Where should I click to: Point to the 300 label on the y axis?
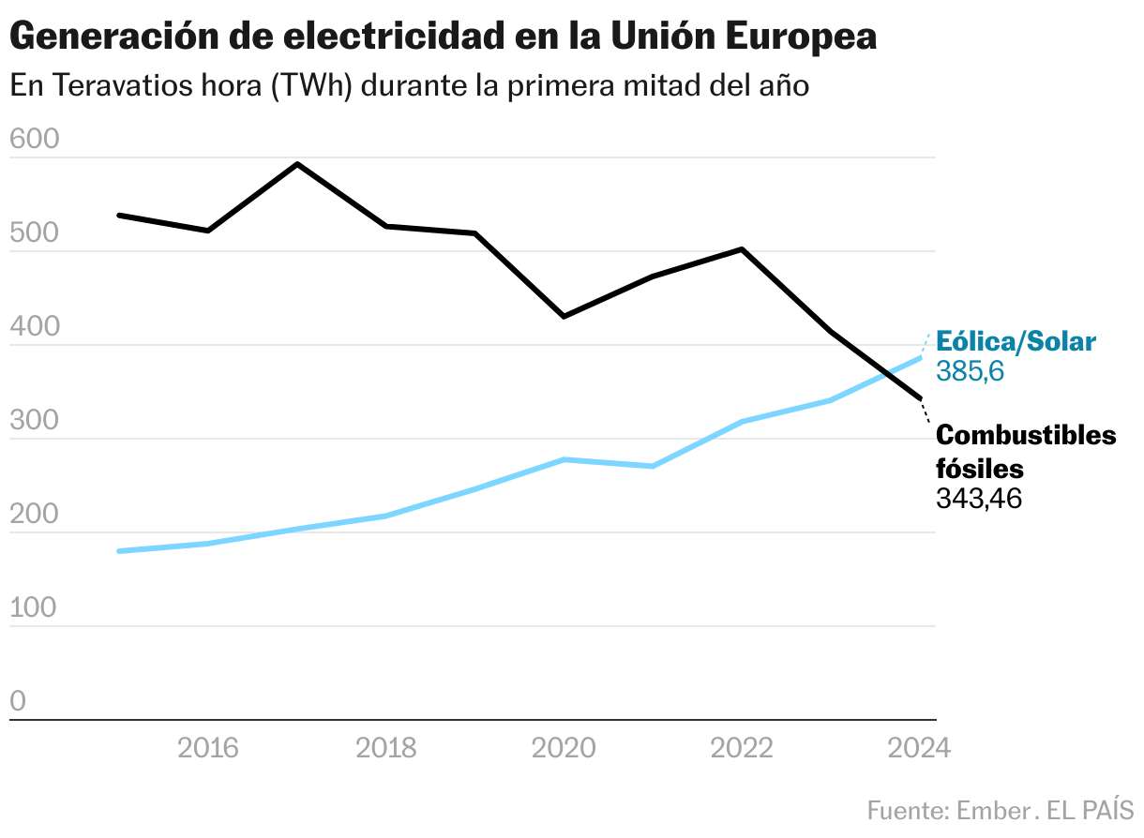pyautogui.click(x=34, y=421)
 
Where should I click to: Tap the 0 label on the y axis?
pyautogui.click(x=18, y=702)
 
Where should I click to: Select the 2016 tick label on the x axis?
pyautogui.click(x=208, y=748)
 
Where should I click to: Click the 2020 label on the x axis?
pyautogui.click(x=564, y=748)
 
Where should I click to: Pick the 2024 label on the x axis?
pyautogui.click(x=918, y=748)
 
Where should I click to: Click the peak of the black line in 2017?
pyautogui.click(x=297, y=164)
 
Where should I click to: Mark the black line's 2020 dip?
pyautogui.click(x=564, y=317)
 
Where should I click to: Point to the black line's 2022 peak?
pyautogui.click(x=742, y=249)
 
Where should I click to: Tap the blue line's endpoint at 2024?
pyautogui.click(x=920, y=358)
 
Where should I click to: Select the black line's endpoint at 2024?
pyautogui.click(x=920, y=398)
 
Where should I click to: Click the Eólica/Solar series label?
pyautogui.click(x=1016, y=341)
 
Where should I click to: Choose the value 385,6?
pyautogui.click(x=971, y=371)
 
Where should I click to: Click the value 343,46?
pyautogui.click(x=978, y=498)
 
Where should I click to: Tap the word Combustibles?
pyautogui.click(x=1026, y=436)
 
